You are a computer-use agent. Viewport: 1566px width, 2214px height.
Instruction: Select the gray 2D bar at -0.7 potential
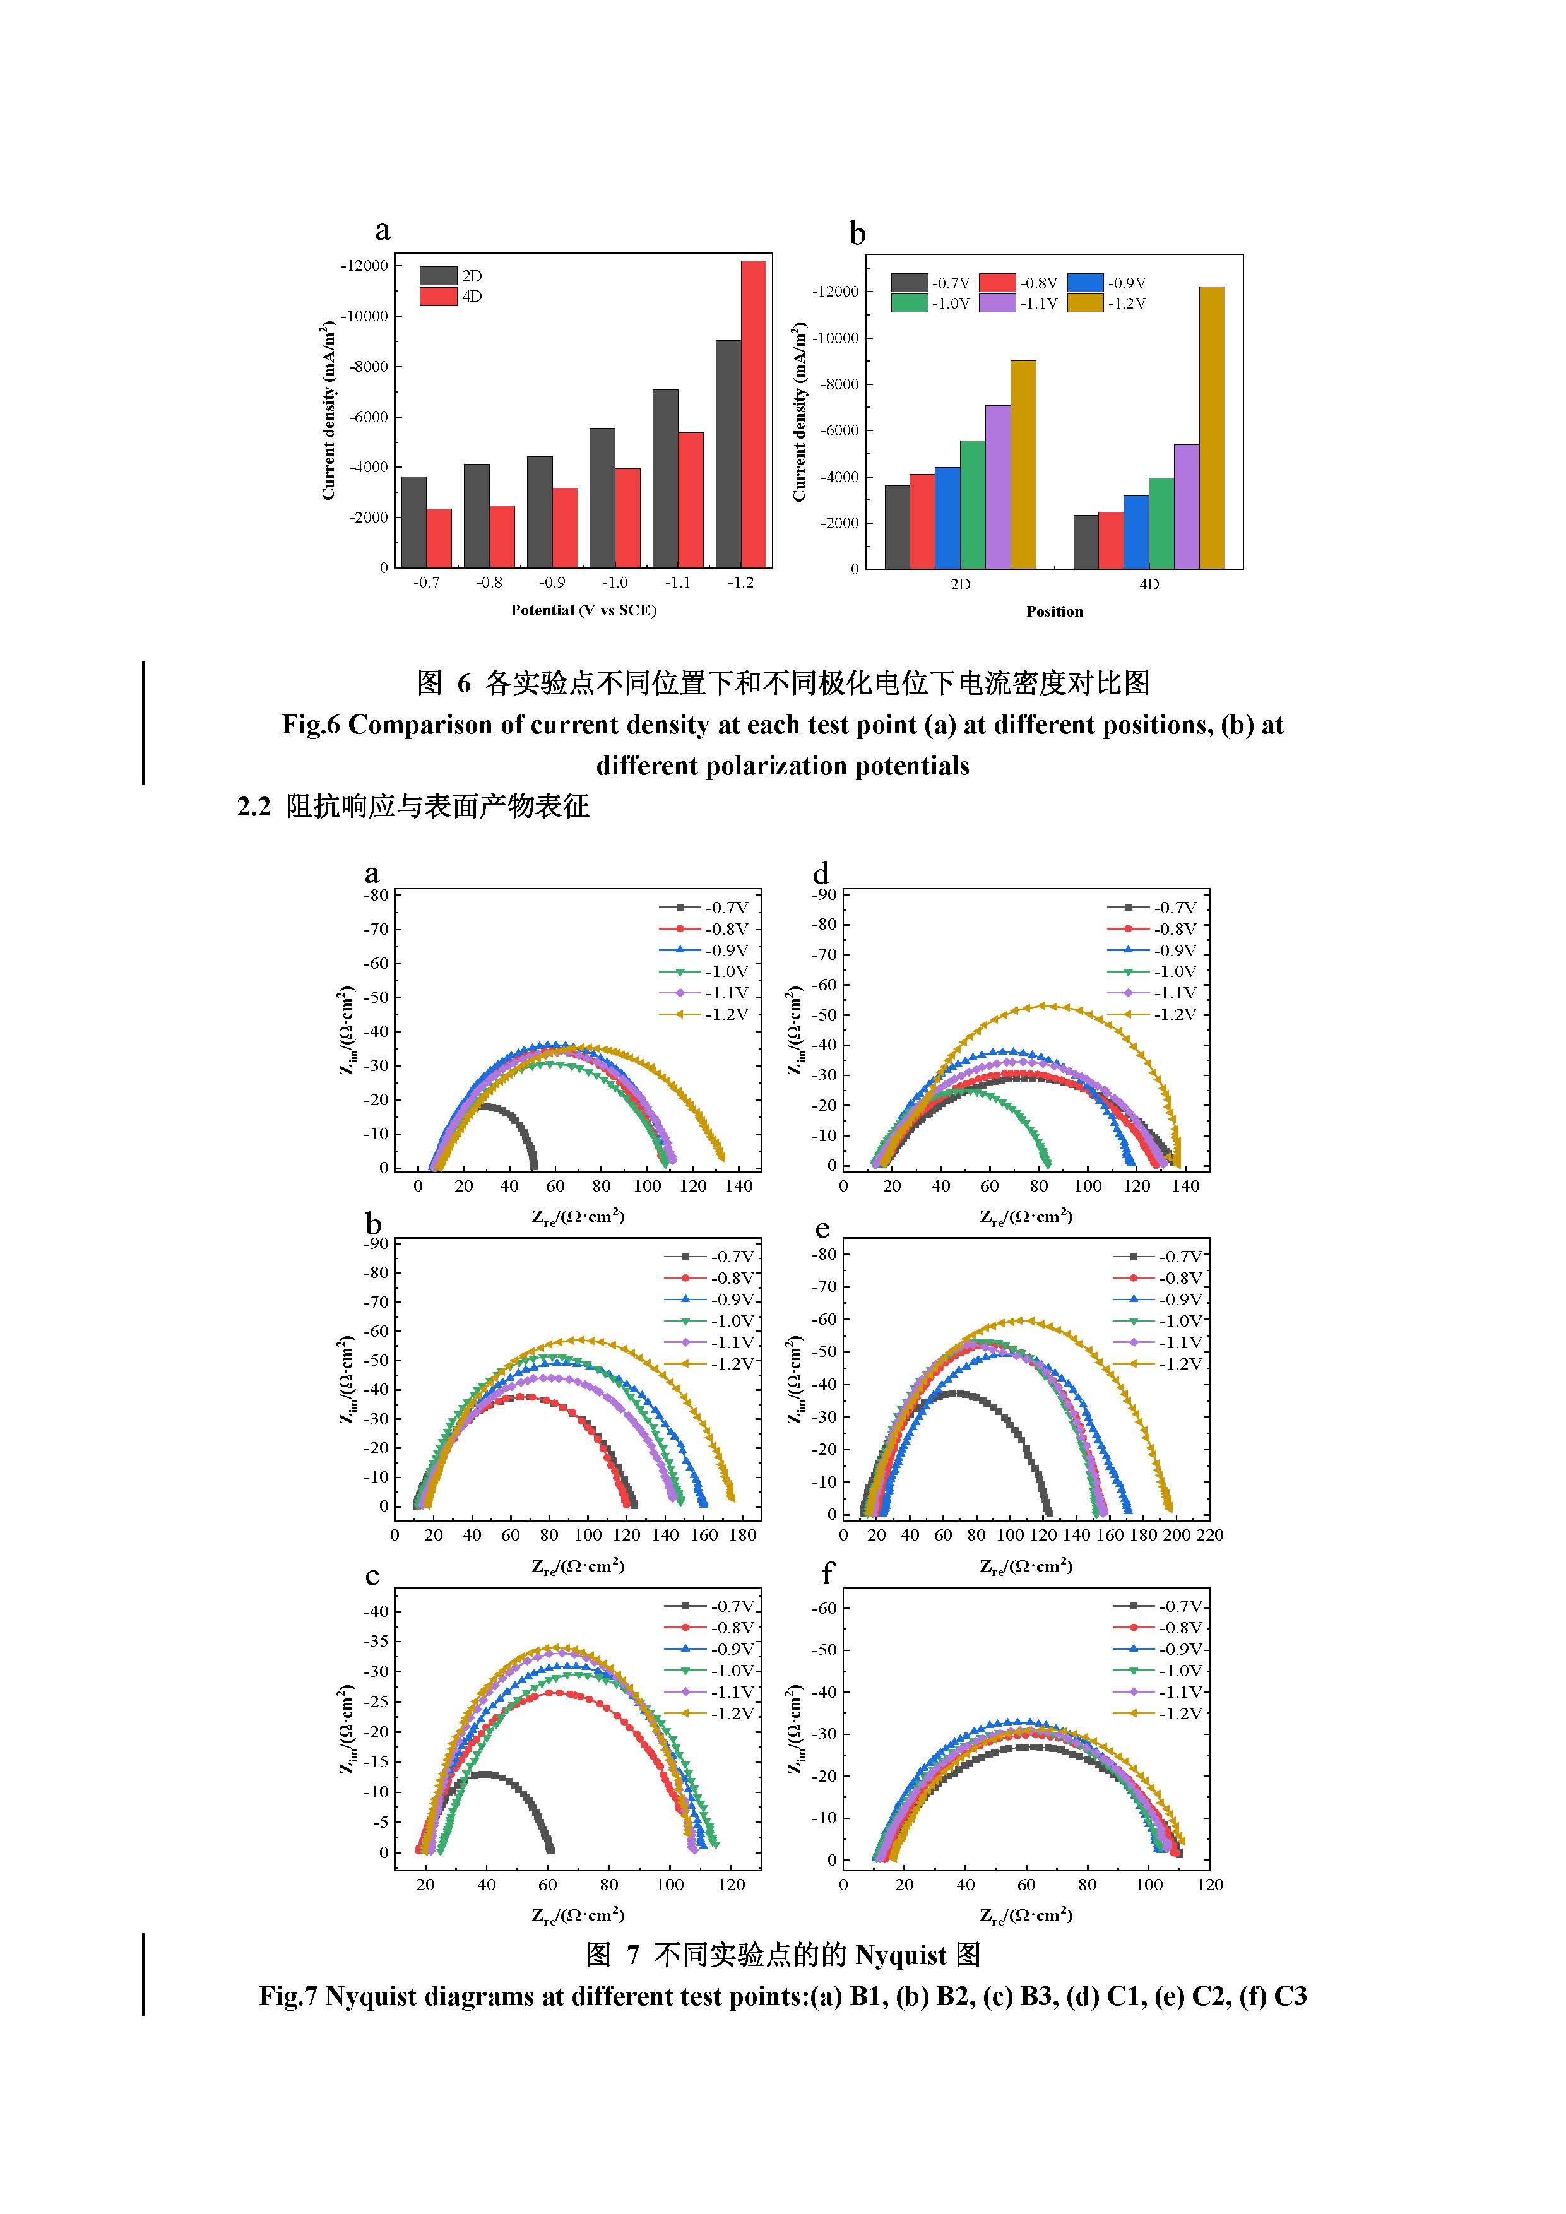tap(413, 522)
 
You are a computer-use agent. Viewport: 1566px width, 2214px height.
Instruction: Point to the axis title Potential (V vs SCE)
tap(583, 610)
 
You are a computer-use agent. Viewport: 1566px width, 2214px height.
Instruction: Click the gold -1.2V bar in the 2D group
tap(1023, 465)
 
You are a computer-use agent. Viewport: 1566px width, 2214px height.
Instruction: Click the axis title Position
tap(1054, 612)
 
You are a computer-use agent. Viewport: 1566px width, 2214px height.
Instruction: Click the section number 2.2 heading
tap(254, 806)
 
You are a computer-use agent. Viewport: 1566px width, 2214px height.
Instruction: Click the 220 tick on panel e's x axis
tap(1209, 1535)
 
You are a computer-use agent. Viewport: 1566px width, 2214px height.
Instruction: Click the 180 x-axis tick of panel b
tap(742, 1535)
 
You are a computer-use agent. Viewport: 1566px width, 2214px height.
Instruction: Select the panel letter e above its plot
tap(822, 1229)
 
